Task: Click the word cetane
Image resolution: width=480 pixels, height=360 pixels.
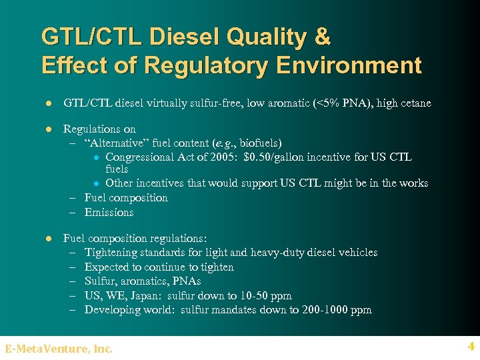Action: (415, 103)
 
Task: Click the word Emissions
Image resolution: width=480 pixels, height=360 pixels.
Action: (109, 213)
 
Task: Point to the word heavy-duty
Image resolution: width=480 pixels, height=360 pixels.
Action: (289, 253)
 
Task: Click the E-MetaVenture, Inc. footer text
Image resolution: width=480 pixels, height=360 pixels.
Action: (59, 349)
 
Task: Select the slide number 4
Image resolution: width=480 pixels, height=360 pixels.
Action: (471, 347)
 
